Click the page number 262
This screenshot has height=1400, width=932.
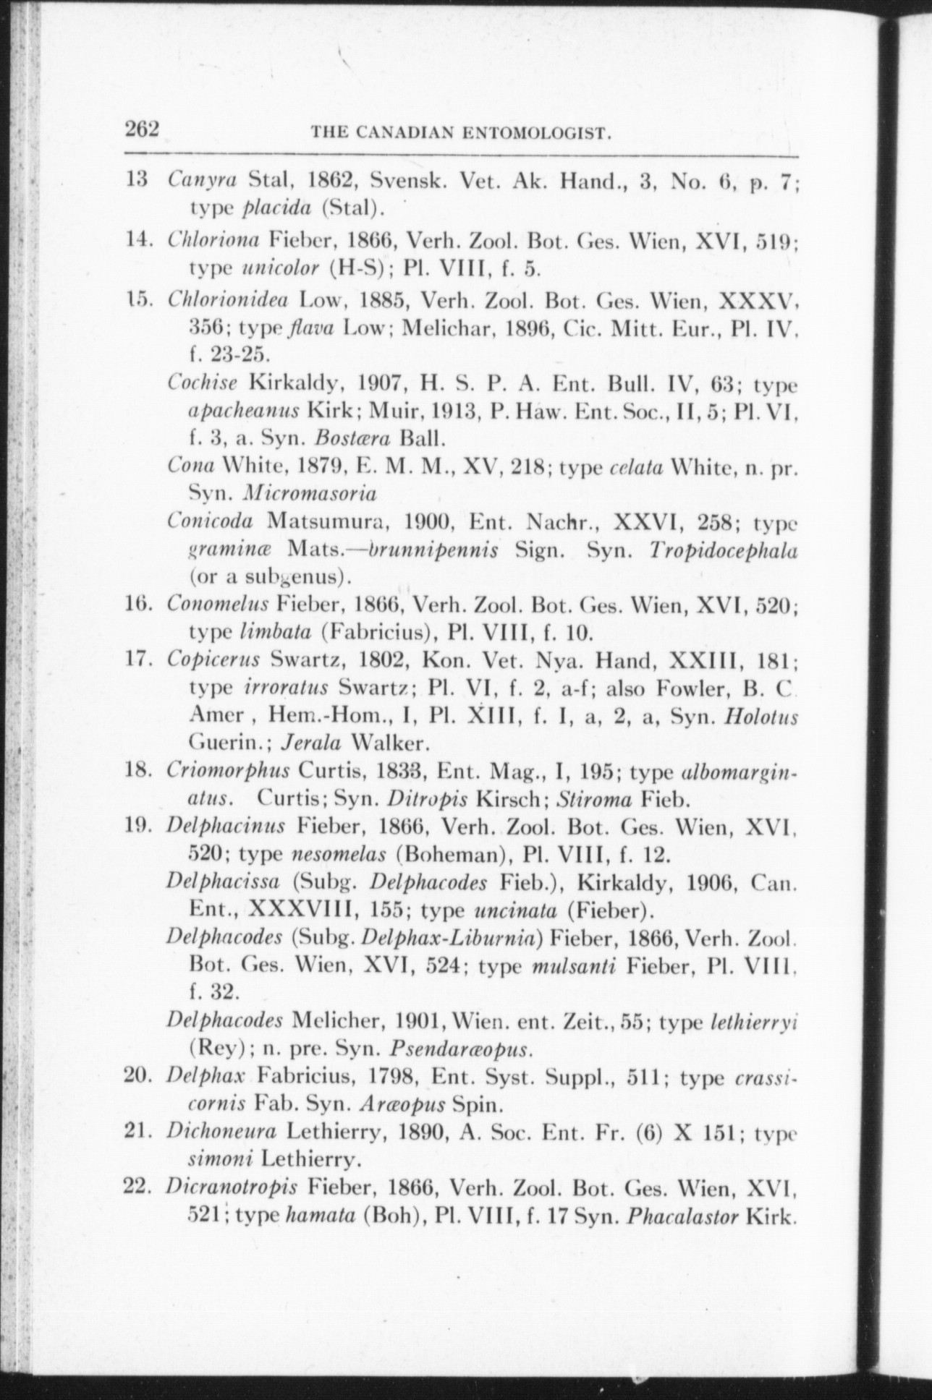(x=142, y=129)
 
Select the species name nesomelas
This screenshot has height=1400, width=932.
(x=337, y=854)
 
